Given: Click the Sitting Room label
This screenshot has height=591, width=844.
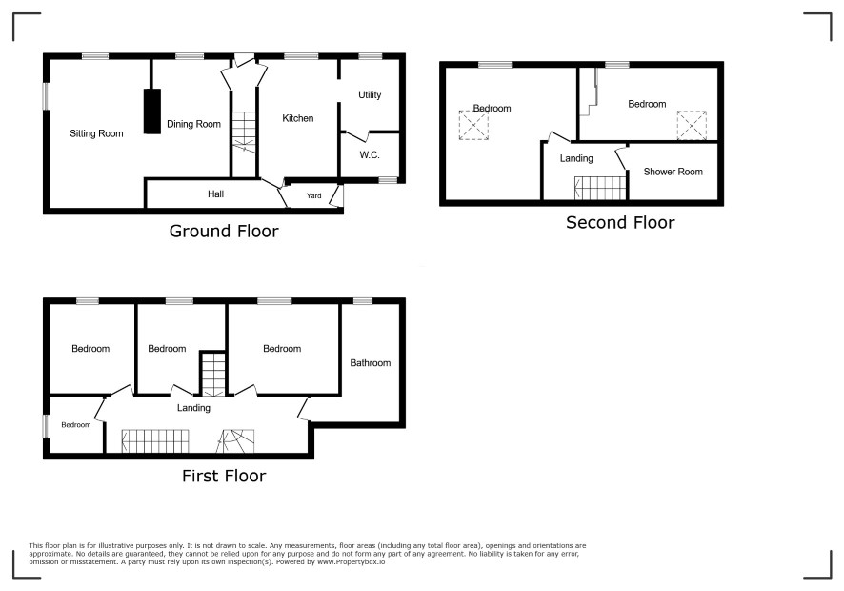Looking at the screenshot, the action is (x=96, y=133).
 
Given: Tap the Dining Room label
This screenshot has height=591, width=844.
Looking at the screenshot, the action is (x=193, y=125).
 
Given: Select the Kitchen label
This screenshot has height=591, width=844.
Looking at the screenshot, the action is (x=297, y=118).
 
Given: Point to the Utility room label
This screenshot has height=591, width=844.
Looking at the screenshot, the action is (x=370, y=94).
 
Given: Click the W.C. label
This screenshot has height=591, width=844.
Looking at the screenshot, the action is (x=370, y=155).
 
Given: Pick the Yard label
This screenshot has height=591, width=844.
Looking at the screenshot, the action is (x=313, y=195).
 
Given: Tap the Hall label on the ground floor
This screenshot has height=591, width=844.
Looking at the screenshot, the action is (x=216, y=194).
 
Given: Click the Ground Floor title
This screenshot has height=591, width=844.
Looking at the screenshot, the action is (x=224, y=231).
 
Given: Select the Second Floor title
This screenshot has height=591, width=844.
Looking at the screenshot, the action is (x=620, y=222).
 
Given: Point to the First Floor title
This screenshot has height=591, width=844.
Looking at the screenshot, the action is (x=224, y=476).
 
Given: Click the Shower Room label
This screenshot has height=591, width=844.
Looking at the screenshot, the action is (x=673, y=172).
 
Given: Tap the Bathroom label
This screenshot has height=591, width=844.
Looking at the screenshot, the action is (x=371, y=363).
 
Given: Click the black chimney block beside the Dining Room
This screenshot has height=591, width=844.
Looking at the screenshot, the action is (x=152, y=111).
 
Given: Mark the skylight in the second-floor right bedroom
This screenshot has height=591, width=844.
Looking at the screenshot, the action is (x=692, y=126).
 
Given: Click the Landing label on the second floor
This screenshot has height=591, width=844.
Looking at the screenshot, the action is (x=576, y=158).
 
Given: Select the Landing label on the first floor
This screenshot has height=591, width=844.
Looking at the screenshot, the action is (x=193, y=408).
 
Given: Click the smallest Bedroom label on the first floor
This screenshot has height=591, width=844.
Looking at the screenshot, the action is (x=76, y=425).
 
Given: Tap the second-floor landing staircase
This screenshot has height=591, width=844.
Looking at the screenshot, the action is (x=601, y=188).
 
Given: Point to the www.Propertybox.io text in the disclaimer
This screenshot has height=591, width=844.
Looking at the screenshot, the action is (x=351, y=561).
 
